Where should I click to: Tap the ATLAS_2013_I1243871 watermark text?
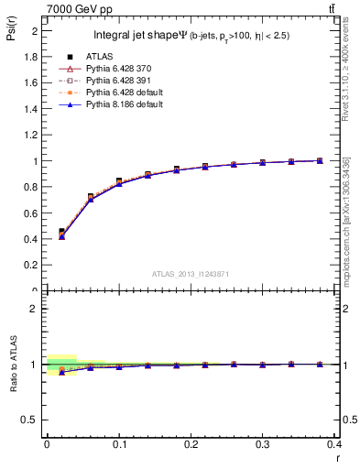(190, 275)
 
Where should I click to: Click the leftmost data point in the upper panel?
(61, 233)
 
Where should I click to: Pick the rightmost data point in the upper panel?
(320, 161)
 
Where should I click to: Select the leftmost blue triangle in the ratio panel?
(61, 372)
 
